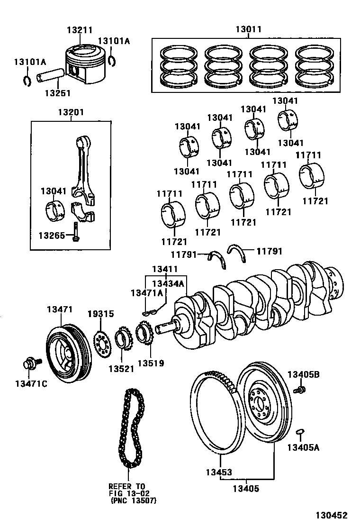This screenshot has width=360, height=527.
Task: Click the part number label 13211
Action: (x=79, y=29)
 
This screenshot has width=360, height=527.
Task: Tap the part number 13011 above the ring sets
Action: (x=248, y=29)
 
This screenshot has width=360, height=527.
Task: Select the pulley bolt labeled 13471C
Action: (x=30, y=364)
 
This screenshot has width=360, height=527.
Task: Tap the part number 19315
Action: (x=100, y=314)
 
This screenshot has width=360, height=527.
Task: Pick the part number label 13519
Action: (x=151, y=363)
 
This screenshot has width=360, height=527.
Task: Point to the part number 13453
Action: (x=219, y=472)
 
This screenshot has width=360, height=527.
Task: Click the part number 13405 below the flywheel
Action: (x=246, y=489)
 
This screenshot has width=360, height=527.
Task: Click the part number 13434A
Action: (x=168, y=283)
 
